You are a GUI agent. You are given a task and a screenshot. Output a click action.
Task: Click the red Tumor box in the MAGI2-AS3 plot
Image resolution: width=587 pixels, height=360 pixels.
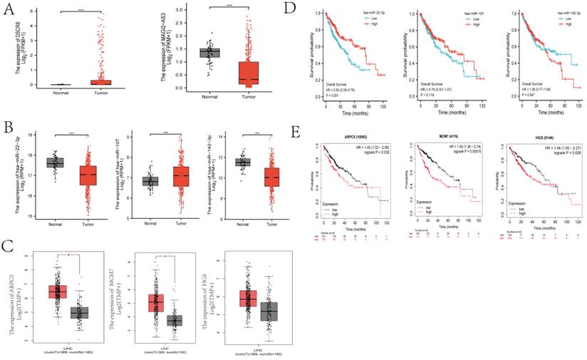tap(249, 71)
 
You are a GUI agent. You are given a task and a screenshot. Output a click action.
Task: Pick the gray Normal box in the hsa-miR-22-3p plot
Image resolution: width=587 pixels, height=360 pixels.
tap(54, 163)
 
